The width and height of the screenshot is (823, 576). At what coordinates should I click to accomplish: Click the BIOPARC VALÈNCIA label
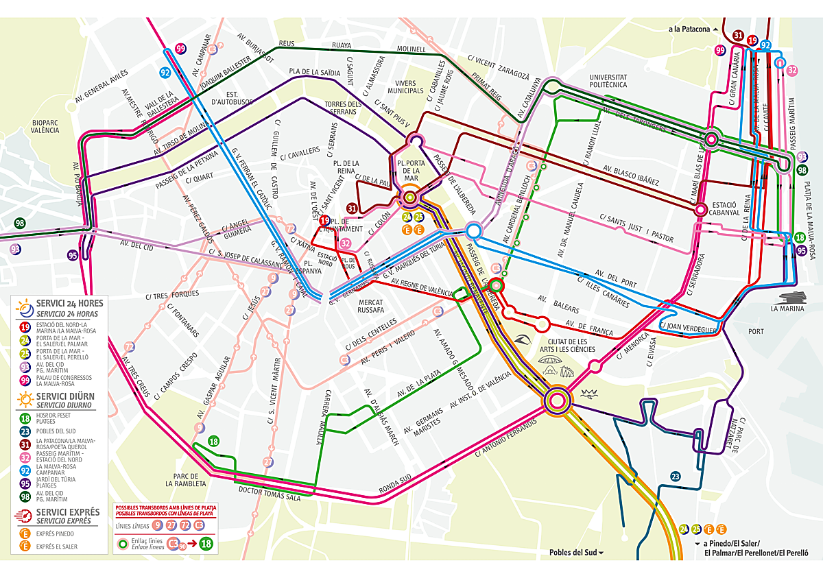(x=45, y=125)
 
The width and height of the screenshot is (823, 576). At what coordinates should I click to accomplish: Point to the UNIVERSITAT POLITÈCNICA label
(x=604, y=81)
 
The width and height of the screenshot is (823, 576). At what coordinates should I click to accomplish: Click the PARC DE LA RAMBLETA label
(x=186, y=479)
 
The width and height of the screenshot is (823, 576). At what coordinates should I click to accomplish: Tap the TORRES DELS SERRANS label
(x=343, y=108)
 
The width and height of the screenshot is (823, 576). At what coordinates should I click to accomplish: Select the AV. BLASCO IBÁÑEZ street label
(x=630, y=176)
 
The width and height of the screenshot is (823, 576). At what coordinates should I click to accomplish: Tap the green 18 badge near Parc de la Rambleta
(x=213, y=441)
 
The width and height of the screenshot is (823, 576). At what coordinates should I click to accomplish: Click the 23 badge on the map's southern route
(x=675, y=476)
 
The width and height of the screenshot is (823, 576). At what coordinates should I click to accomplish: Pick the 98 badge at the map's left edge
(x=19, y=223)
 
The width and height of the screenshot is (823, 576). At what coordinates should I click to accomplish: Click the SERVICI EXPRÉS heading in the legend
(x=68, y=512)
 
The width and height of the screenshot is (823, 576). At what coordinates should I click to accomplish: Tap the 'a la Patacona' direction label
(x=691, y=29)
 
